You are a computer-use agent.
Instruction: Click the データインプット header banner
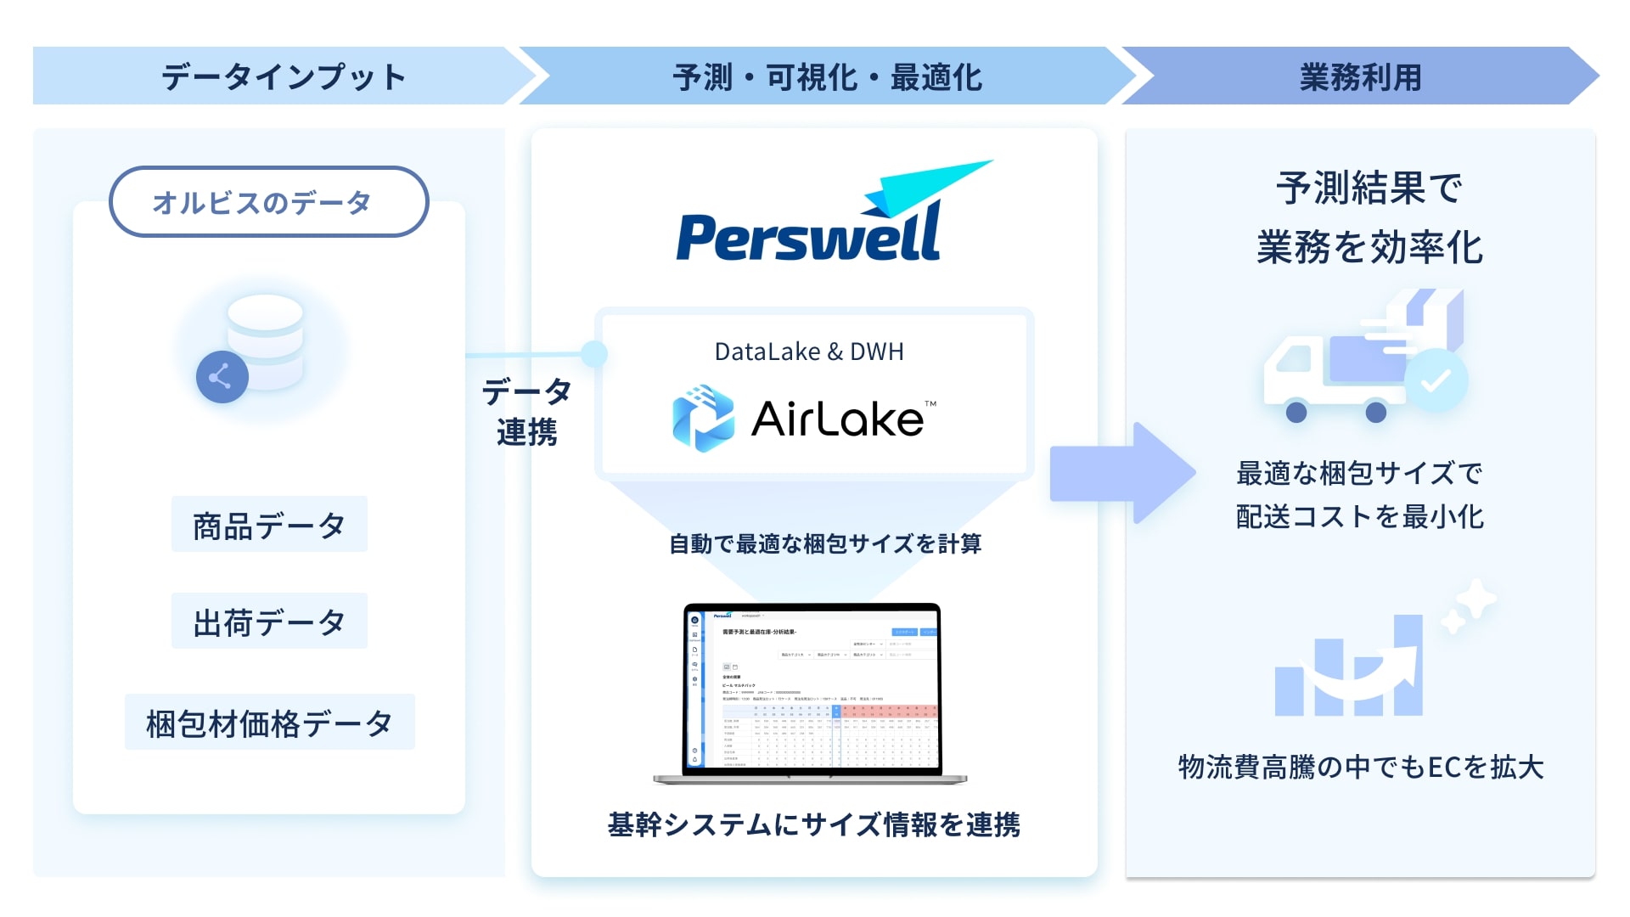[284, 76]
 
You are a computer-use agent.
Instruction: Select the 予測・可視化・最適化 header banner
[827, 76]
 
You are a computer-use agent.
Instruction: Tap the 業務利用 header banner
[1360, 76]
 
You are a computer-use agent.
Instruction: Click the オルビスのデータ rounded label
[268, 202]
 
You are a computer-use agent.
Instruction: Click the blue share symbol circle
[222, 376]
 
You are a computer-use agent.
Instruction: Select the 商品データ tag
[268, 526]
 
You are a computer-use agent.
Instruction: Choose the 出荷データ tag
[268, 622]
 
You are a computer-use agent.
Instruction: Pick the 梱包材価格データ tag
[268, 723]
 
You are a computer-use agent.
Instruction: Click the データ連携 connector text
[526, 412]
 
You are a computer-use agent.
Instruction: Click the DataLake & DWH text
[809, 352]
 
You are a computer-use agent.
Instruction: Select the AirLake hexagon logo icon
[703, 418]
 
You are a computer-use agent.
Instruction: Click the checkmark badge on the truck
[1436, 381]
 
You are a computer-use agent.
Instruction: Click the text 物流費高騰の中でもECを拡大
[1360, 767]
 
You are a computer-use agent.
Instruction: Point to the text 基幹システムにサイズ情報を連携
[813, 824]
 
